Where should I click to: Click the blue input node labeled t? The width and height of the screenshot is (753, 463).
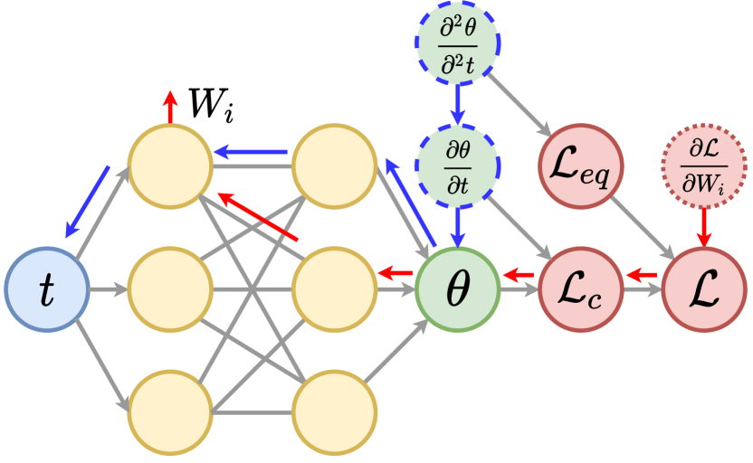[x=46, y=289]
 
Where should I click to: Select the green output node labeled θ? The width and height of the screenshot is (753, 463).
[x=458, y=289]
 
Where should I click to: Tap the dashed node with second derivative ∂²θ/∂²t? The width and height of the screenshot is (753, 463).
[x=458, y=43]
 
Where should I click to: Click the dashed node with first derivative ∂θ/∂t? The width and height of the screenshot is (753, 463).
[x=458, y=165]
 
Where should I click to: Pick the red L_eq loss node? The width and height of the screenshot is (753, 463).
[x=580, y=165]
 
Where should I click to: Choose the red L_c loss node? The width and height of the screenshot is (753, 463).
[x=580, y=289]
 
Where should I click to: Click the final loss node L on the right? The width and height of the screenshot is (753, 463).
[x=703, y=289]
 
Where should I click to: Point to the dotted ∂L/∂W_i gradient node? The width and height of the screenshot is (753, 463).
[x=703, y=165]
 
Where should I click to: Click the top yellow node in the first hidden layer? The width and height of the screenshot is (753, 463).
[x=170, y=165]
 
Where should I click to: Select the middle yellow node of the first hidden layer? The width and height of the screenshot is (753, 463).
[x=170, y=289]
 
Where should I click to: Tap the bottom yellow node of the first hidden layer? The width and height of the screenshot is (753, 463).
[x=170, y=412]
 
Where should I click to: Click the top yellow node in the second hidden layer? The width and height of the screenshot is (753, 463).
[x=334, y=165]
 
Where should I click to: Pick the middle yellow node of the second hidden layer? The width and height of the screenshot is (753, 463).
[x=334, y=289]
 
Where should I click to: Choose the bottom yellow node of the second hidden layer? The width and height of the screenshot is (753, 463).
[x=334, y=412]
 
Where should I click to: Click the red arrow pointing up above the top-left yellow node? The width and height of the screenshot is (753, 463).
[x=170, y=106]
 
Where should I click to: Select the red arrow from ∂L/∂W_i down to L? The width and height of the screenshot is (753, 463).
[x=703, y=226]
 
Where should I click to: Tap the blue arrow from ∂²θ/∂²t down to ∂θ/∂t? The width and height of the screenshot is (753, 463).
[x=458, y=104]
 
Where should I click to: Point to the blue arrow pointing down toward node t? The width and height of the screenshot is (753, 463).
[x=87, y=202]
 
